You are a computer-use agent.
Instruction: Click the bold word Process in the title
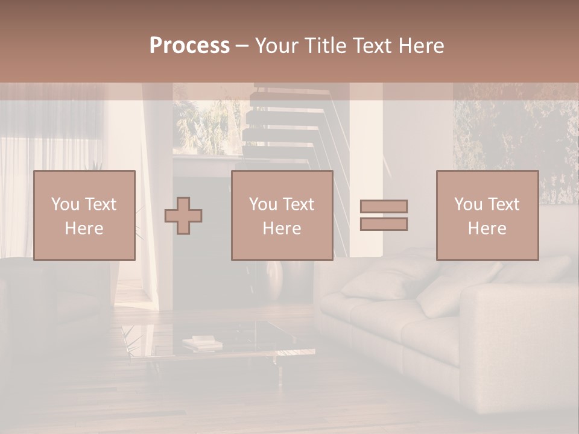[x=189, y=46]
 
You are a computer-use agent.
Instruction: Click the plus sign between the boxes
[x=183, y=216]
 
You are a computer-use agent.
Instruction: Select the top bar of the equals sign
[x=384, y=206]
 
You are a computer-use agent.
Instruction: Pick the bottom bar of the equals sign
[x=384, y=224]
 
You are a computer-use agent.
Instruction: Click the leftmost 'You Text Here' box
[x=84, y=216]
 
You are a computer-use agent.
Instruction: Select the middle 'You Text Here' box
[x=282, y=216]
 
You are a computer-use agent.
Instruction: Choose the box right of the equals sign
[x=487, y=216]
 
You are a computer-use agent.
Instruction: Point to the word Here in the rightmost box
[x=487, y=228]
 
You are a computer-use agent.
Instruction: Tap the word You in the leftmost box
[x=65, y=204]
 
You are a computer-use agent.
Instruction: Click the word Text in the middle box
[x=299, y=204]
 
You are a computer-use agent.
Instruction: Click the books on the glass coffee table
[x=202, y=343]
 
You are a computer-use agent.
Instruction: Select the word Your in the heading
[x=275, y=46]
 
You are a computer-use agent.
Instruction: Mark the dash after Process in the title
[x=242, y=46]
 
